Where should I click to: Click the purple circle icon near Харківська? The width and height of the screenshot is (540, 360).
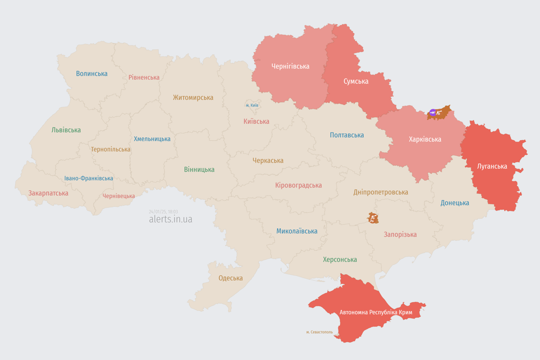coord(433,112)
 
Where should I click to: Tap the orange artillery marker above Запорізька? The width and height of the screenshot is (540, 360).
coord(373,218)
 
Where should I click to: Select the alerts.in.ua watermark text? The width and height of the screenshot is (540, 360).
coord(170,219)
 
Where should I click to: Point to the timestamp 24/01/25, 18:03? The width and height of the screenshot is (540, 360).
coord(163,212)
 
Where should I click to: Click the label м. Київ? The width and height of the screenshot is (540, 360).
coord(252,105)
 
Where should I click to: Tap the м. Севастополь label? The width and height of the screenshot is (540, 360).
coord(319,332)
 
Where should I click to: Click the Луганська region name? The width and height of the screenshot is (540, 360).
coord(492,166)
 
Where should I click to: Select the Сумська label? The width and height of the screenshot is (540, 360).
coord(356,81)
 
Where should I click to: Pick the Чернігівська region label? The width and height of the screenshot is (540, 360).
coord(290,66)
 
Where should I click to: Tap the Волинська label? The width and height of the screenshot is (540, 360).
coord(91,74)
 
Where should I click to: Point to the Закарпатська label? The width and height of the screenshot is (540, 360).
coord(48,193)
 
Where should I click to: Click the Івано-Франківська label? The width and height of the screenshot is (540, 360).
coord(89,179)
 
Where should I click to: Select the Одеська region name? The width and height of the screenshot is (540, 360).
coord(231,278)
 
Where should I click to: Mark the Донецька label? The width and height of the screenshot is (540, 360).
coord(455,203)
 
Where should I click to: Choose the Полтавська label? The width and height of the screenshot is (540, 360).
coord(347,135)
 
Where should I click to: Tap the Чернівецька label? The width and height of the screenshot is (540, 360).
coord(119,196)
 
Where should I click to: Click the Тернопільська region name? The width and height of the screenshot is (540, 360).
coord(111,150)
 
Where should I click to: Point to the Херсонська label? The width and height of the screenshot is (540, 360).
coord(340,259)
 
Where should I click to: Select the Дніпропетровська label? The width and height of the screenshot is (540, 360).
coord(381,192)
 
